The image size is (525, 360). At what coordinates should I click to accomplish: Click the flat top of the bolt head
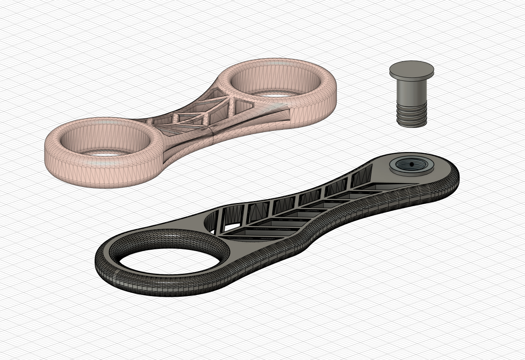412,69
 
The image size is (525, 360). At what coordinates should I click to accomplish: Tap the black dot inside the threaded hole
411,164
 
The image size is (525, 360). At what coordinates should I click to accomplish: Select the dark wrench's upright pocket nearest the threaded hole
360,178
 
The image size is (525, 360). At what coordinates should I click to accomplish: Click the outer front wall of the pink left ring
96,176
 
